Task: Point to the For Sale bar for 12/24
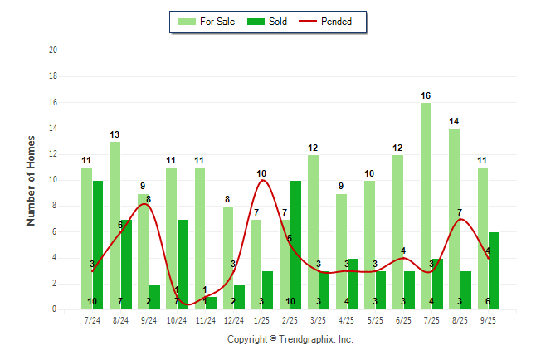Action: [x=228, y=257]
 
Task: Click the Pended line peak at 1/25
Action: [x=262, y=180]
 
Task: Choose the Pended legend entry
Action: [x=336, y=22]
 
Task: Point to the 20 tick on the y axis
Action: [x=52, y=51]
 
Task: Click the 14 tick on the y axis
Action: [x=52, y=129]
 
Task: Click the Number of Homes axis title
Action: [x=32, y=180]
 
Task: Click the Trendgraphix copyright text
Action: [x=290, y=339]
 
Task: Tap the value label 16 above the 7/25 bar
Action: [x=426, y=95]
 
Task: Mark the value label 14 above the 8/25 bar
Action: [x=454, y=121]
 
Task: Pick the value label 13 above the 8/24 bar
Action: [x=115, y=134]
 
